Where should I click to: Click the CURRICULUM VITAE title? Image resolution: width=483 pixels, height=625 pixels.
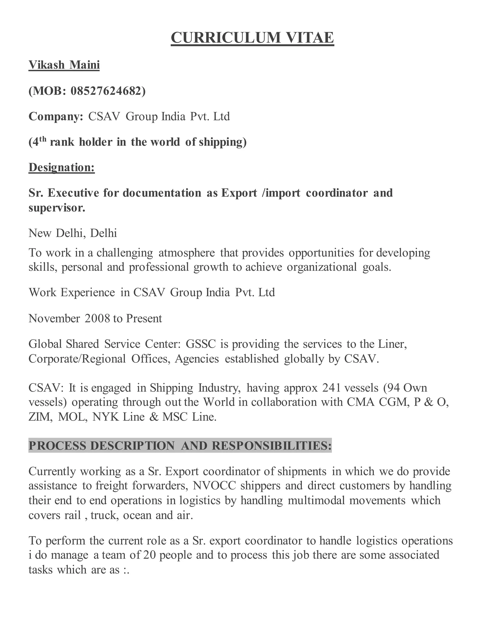click(252, 38)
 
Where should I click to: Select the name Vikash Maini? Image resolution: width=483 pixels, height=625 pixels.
click(64, 65)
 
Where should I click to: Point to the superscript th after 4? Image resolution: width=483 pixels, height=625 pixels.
click(42, 139)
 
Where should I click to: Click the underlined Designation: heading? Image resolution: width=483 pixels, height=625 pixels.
click(62, 167)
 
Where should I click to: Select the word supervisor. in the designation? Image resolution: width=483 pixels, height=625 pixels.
click(57, 208)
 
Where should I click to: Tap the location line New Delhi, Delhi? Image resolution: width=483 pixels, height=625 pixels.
click(73, 233)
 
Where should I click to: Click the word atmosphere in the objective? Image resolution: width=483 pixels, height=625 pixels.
click(186, 253)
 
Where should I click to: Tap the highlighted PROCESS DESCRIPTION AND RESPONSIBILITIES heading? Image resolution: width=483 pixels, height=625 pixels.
click(180, 446)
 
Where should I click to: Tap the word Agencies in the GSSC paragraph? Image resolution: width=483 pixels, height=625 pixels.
click(197, 359)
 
